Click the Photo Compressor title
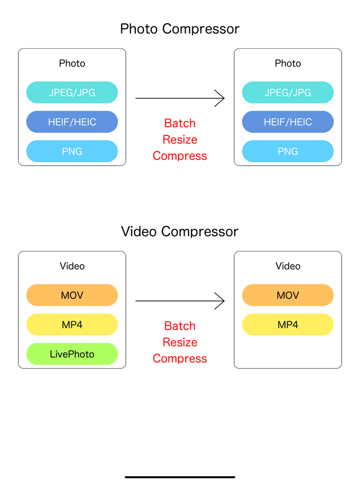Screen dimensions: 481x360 point(179,29)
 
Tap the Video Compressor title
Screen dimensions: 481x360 point(179,232)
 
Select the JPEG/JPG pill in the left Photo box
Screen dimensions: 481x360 point(72,93)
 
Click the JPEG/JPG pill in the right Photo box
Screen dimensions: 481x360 point(287,93)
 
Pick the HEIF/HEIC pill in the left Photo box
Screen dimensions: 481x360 point(72,122)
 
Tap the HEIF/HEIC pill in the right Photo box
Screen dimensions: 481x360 point(287,122)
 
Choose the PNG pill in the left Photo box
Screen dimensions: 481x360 point(72,151)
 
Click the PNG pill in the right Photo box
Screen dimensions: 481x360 point(287,151)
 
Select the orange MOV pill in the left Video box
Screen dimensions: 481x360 point(72,296)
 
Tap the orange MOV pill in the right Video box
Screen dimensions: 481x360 point(287,296)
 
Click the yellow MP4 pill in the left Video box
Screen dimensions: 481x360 point(72,325)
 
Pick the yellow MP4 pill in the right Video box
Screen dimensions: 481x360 point(287,325)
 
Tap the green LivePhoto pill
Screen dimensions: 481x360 point(72,354)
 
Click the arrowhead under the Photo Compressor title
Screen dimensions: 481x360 point(220,98)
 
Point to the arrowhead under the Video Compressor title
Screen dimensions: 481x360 point(220,301)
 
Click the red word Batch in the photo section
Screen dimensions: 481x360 point(179,124)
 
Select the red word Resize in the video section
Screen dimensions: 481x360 point(179,342)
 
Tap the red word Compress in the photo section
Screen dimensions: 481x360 point(179,156)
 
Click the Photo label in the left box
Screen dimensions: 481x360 point(72,64)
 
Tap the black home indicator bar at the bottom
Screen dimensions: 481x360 point(179,477)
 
